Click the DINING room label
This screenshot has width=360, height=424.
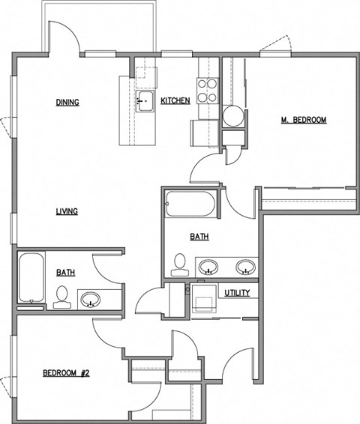coord(67,103)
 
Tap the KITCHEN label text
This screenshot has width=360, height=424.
coord(175,100)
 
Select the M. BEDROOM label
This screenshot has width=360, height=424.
coord(303,119)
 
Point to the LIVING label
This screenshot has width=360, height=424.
coord(66,211)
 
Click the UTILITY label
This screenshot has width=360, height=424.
coord(237,292)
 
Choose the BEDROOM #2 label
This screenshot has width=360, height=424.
coord(66,373)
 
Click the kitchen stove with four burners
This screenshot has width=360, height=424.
coord(208,90)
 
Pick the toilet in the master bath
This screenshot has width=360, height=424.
coord(179,264)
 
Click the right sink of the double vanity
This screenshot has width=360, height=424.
coord(244,267)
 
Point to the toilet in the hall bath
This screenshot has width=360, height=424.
coord(61,297)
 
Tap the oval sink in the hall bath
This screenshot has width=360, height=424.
coord(91,300)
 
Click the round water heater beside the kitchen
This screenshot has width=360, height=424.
coord(233,116)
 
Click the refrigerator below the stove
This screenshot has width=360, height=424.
coord(202,134)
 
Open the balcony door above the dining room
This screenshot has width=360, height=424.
coord(69,39)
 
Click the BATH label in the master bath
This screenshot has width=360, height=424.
coord(199,237)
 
